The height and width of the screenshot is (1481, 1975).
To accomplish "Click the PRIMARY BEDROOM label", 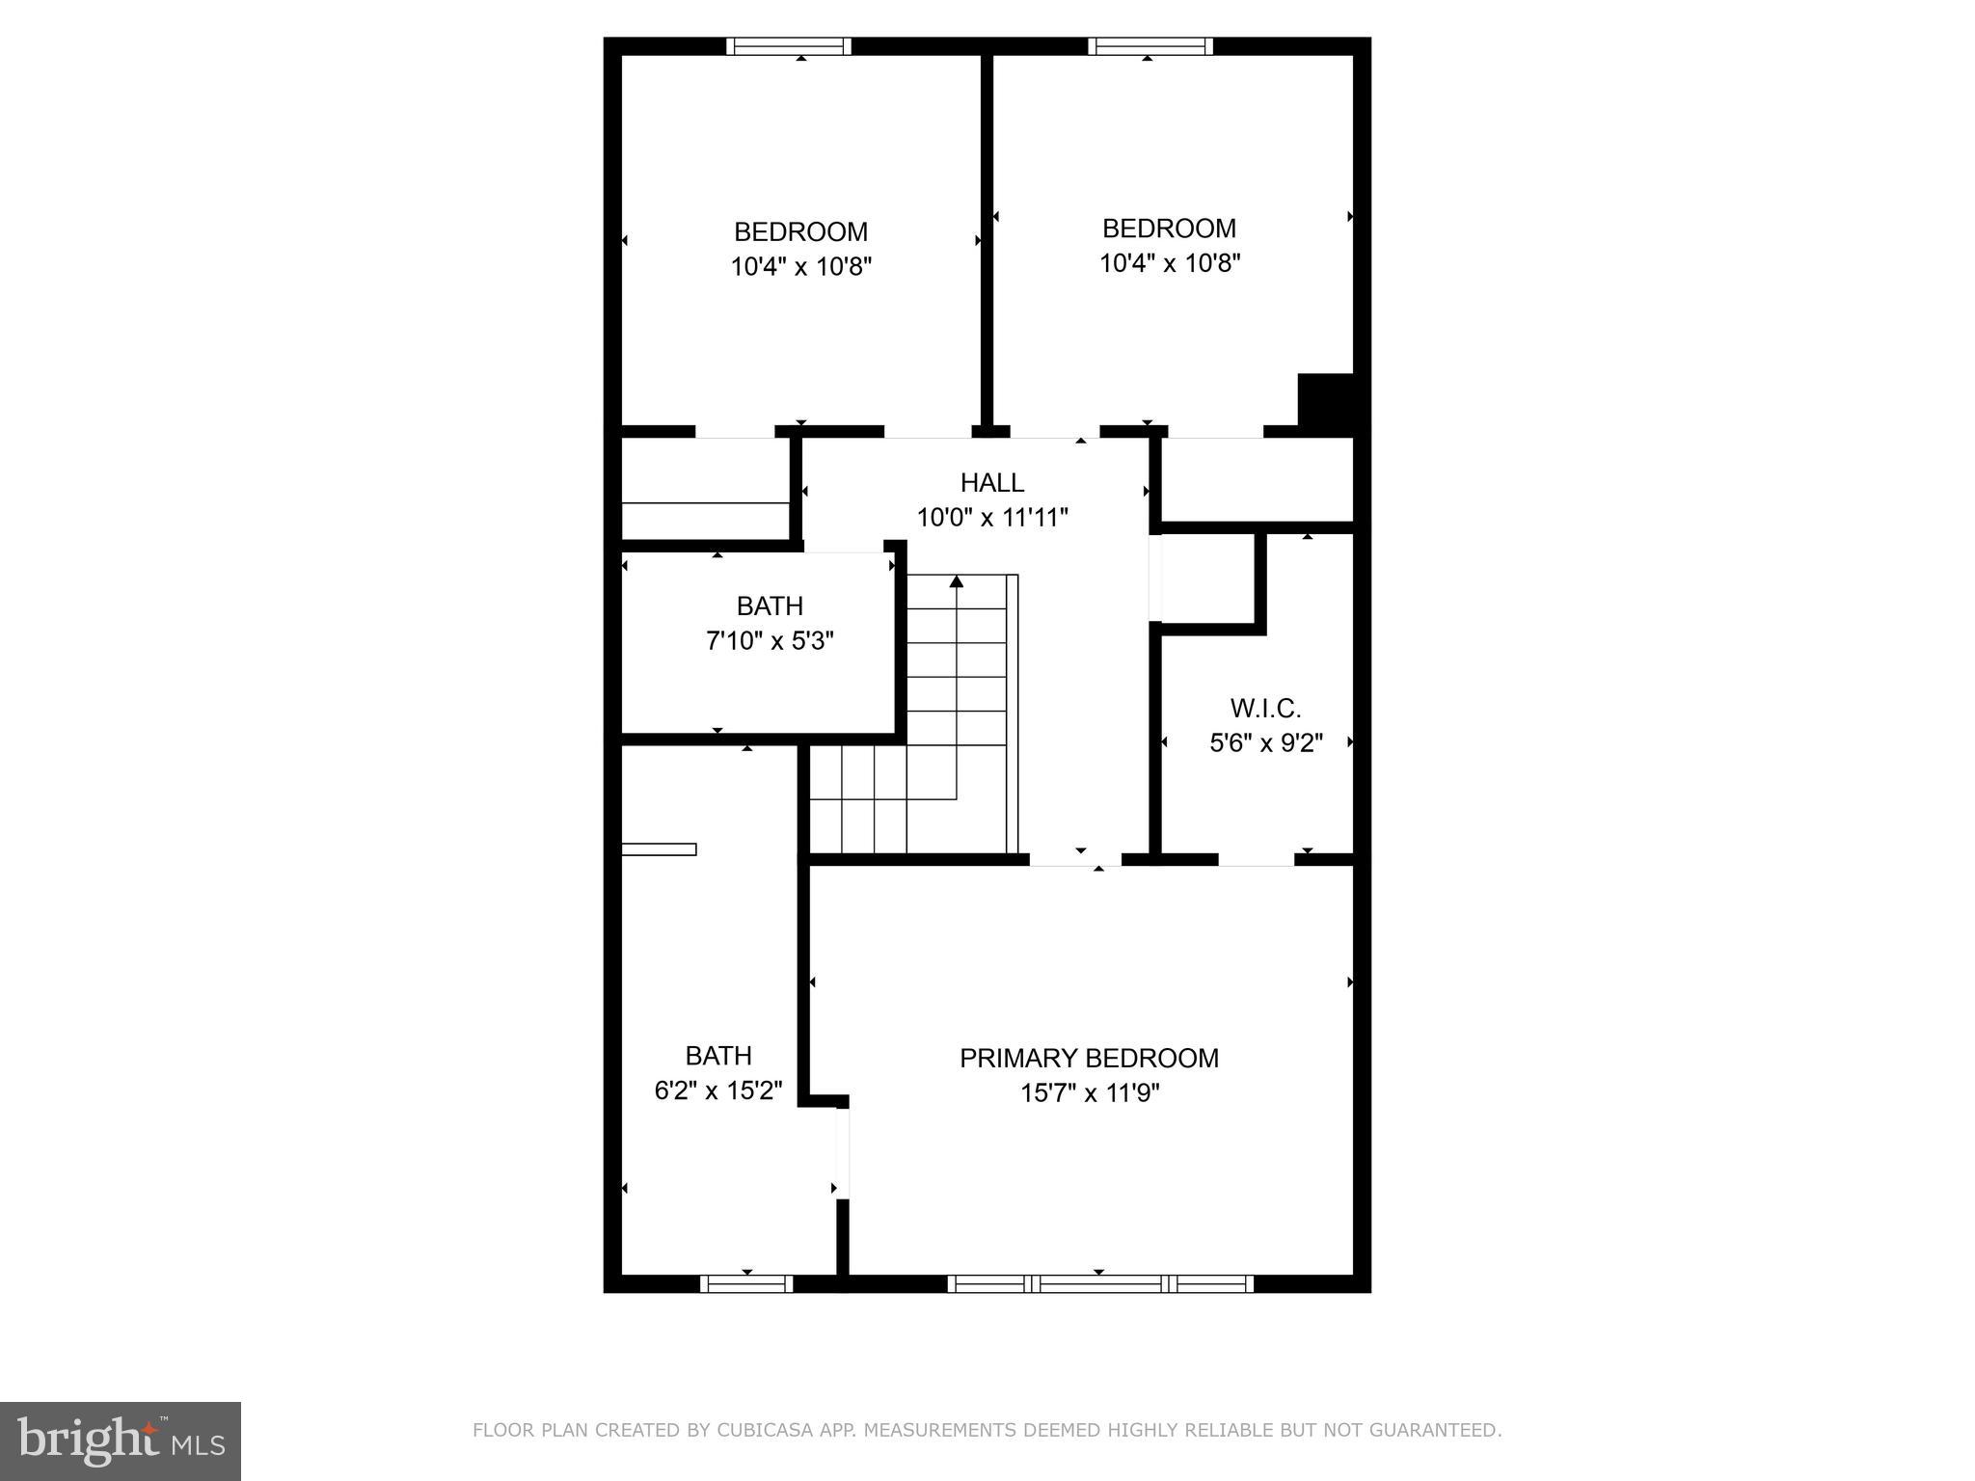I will [1089, 1058].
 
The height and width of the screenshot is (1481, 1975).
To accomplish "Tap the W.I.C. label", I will [1265, 708].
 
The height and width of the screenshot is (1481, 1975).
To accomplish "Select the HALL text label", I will [991, 482].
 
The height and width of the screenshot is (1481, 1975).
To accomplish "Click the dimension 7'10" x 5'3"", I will [770, 640].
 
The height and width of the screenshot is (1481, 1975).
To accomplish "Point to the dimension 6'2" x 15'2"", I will [718, 1091].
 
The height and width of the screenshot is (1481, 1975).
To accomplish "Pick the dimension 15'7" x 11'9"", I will [1090, 1093].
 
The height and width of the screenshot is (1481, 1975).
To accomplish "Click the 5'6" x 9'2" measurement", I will [1265, 742].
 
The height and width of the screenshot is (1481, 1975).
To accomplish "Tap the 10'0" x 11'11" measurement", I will [991, 518].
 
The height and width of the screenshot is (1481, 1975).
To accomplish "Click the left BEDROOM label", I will [800, 231].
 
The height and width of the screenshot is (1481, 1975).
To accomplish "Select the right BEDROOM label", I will [1169, 229].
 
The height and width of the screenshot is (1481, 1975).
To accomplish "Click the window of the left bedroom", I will [788, 45].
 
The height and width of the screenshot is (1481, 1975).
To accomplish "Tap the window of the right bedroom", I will [1150, 45].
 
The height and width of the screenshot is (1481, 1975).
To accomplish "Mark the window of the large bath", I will [745, 1283].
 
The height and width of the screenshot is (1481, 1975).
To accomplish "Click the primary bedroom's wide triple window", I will [1099, 1283].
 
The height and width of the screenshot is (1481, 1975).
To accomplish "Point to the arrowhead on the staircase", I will [956, 581].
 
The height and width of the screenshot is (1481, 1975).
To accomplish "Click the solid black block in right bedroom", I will [1326, 399].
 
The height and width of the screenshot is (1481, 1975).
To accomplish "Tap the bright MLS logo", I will [120, 1441].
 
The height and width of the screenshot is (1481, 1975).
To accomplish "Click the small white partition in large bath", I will [659, 849].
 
